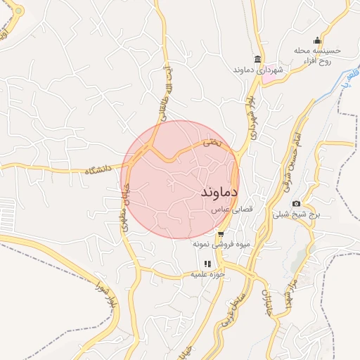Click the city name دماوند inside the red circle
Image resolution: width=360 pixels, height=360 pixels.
(219, 191)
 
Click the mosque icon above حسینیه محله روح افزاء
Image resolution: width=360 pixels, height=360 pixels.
(317, 39)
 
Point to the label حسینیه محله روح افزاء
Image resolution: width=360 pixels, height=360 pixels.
(317, 56)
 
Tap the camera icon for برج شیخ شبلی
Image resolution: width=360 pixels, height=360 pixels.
(296, 203)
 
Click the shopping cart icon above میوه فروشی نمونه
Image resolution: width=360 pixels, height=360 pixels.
(221, 234)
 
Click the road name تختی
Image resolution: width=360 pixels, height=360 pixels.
(212, 142)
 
